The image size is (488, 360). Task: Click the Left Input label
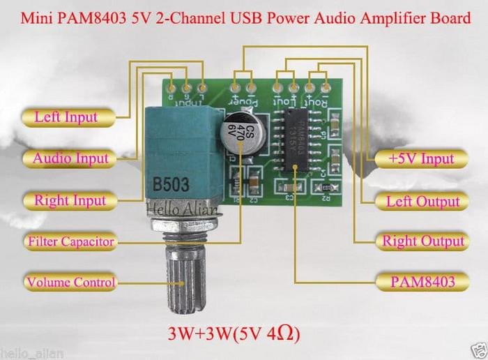pyautogui.click(x=66, y=117)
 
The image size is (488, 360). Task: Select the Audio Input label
pyautogui.click(x=70, y=158)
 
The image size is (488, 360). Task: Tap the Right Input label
pyautogui.click(x=70, y=201)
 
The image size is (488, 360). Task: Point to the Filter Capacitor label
pyautogui.click(x=70, y=242)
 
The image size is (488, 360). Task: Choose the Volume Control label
pyautogui.click(x=70, y=283)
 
